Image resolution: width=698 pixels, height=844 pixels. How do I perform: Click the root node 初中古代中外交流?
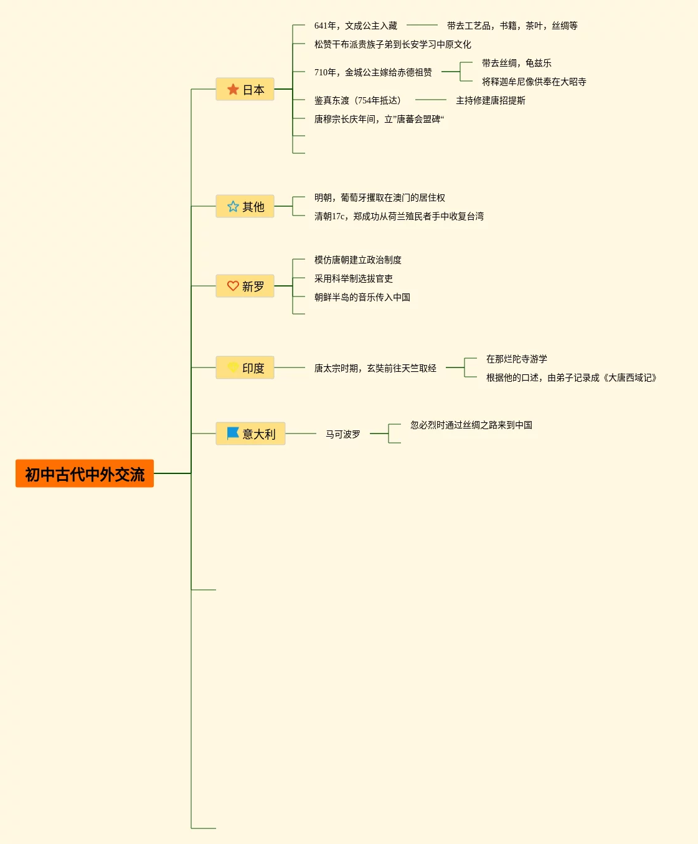coord(85,474)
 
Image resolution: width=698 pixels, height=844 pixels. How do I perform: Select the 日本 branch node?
coord(245,90)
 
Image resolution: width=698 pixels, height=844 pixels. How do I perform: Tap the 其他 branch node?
coord(245,207)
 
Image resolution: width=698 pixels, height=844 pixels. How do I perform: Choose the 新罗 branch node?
coord(245,287)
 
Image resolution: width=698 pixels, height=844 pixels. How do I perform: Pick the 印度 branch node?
coord(245,368)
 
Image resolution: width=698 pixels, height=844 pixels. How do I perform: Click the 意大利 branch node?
coord(250,434)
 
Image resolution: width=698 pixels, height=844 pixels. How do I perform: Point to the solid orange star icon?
coord(233,90)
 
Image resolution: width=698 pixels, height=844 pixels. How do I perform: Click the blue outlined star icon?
coord(233,207)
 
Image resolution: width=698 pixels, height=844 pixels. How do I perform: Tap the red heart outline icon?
coord(233,286)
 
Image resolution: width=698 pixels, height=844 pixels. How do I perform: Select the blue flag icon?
coord(233,433)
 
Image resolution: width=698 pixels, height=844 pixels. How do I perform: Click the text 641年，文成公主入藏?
coord(356,26)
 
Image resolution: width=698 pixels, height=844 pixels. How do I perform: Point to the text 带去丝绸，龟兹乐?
coord(516,63)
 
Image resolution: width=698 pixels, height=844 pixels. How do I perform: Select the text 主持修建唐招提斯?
coord(490,100)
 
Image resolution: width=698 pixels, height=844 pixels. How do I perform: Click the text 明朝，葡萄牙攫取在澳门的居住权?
coord(379,197)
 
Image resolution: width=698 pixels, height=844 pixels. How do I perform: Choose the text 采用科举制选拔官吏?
coord(353,278)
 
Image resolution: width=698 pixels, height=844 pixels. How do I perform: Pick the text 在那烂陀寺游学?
coord(516,359)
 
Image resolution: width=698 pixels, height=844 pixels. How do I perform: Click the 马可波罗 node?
coord(342,434)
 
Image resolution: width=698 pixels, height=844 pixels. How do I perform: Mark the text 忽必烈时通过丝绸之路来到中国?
coord(471,425)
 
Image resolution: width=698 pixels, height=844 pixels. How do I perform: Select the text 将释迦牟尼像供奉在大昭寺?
coord(534,82)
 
